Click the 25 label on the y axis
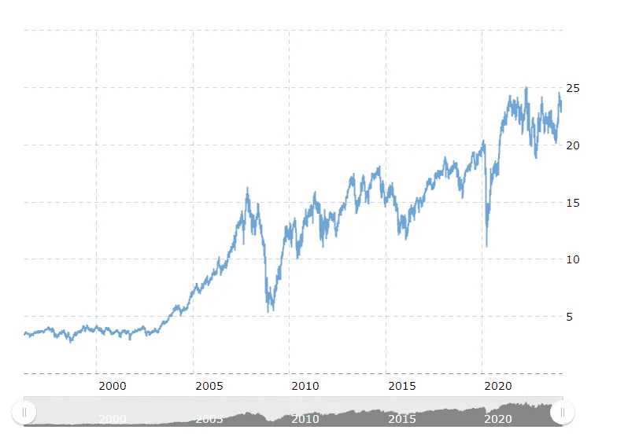tap(574, 88)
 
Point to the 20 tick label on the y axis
tap(574, 145)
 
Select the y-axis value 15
tap(574, 203)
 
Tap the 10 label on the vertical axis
tap(574, 259)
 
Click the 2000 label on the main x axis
tap(113, 386)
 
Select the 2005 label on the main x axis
tap(209, 386)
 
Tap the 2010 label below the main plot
tap(305, 386)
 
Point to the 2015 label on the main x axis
tap(402, 386)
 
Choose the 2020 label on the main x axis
tap(498, 386)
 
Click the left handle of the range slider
tap(24, 412)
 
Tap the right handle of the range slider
tap(563, 412)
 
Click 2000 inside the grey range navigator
tap(113, 420)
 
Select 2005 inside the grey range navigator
tap(209, 420)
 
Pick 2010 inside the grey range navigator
tap(305, 420)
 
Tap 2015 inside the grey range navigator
tap(402, 420)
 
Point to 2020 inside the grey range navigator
tap(498, 420)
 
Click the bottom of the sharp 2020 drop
tap(486, 246)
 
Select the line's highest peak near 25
tap(526, 87)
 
